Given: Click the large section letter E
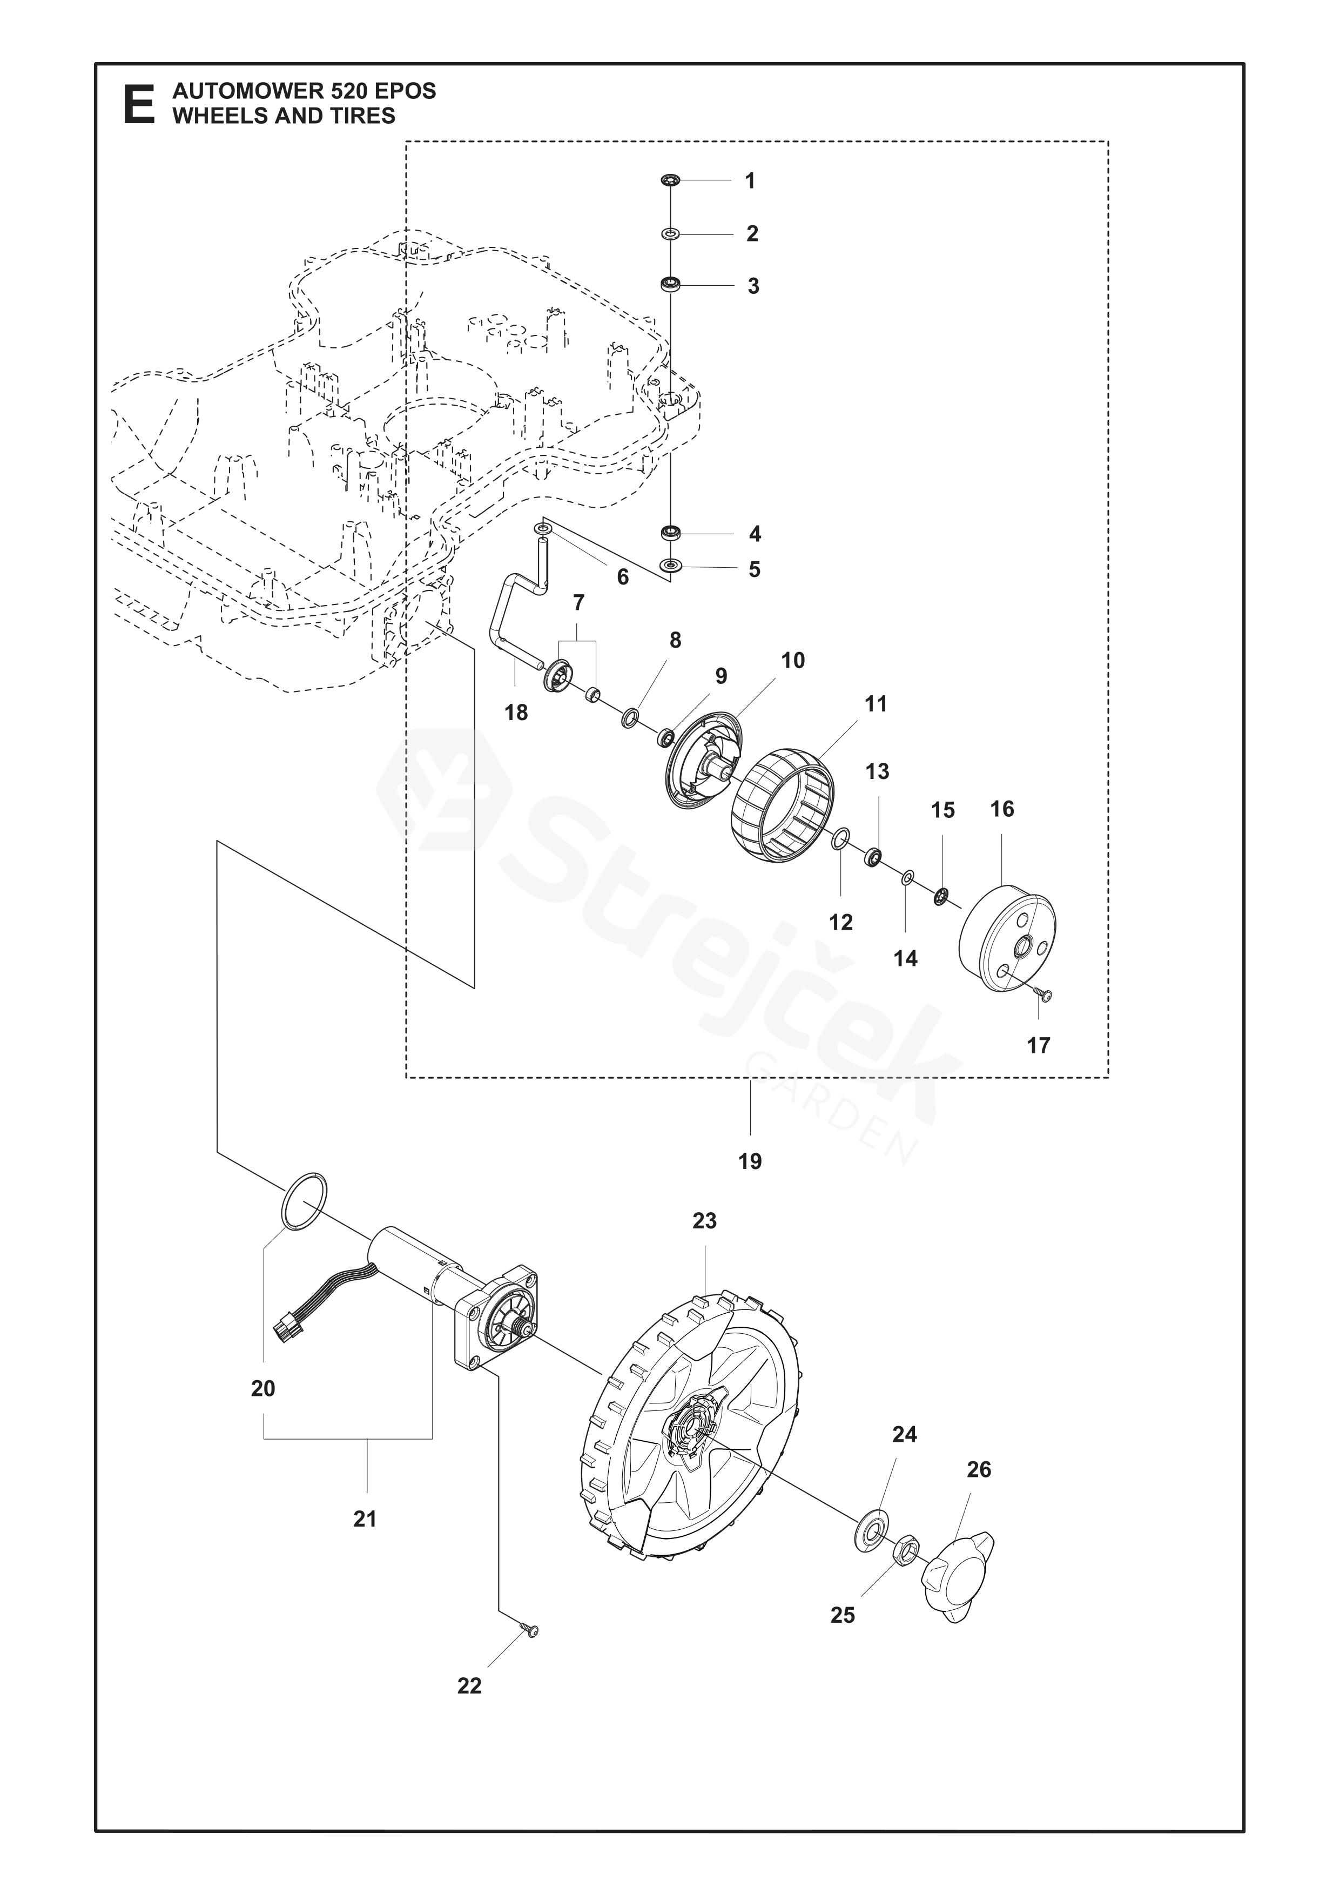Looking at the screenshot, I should click(x=139, y=104).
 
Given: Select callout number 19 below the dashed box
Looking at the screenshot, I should click(x=750, y=1161).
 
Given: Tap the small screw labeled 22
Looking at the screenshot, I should click(x=530, y=1631).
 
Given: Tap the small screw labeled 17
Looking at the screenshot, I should click(x=1046, y=997).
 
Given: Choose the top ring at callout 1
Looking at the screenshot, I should click(x=669, y=180).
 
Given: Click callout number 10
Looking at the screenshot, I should click(x=793, y=660).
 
